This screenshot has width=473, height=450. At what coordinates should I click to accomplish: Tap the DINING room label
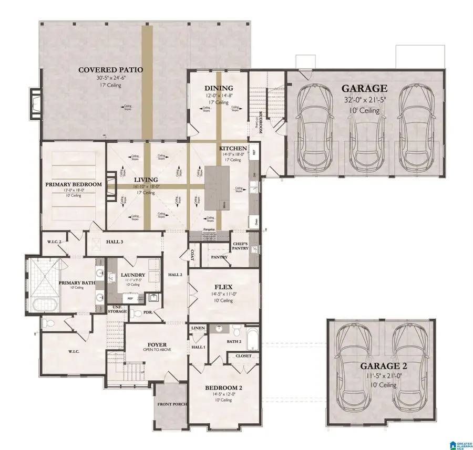[x=219, y=88]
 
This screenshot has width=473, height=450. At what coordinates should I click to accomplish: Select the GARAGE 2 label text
[x=381, y=366]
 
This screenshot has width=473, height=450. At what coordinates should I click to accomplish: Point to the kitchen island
[x=217, y=189]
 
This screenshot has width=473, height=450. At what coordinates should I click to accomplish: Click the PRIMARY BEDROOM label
[x=73, y=184]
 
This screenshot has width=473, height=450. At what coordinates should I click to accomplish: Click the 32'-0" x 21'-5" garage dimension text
[x=365, y=100]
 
